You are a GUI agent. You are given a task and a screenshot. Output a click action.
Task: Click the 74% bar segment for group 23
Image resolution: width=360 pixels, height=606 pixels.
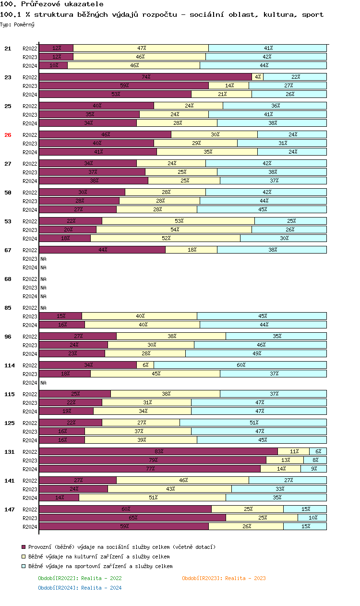click(145, 77)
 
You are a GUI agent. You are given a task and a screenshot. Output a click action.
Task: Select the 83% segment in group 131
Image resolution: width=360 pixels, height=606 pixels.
click(158, 451)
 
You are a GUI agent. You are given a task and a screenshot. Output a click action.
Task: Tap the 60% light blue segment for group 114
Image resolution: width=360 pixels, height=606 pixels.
click(240, 365)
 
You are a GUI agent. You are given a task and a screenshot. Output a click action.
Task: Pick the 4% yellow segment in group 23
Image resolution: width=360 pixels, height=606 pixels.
click(258, 77)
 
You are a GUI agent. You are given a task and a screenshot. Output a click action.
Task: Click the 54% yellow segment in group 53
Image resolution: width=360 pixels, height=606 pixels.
click(174, 230)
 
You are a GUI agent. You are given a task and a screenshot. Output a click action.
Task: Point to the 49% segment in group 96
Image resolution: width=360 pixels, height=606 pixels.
click(256, 353)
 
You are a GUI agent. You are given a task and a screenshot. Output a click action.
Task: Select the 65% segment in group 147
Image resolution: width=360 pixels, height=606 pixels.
click(132, 518)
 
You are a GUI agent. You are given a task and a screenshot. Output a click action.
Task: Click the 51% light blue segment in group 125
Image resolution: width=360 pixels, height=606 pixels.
click(253, 423)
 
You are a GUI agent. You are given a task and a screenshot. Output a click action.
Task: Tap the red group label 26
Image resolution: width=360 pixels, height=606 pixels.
click(8, 135)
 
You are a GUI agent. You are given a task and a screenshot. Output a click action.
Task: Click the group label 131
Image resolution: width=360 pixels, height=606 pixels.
click(10, 452)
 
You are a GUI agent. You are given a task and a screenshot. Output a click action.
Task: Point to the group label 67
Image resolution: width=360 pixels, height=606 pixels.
click(8, 250)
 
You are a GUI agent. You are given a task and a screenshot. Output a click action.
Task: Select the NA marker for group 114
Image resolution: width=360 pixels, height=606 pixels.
click(43, 383)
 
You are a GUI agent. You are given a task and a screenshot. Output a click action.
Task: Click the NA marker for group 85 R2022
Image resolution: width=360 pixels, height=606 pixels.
click(43, 308)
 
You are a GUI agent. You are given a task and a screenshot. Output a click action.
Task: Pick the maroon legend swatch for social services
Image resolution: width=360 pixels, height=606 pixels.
click(24, 547)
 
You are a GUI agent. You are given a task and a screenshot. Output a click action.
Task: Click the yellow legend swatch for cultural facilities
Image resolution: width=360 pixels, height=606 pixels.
click(24, 557)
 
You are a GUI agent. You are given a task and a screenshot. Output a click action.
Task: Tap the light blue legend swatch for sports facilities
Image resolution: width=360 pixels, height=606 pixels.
click(24, 566)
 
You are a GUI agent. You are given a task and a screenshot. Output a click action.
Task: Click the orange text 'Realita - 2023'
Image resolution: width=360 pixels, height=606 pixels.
click(245, 578)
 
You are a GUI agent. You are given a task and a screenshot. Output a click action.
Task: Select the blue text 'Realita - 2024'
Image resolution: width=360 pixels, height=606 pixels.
click(101, 588)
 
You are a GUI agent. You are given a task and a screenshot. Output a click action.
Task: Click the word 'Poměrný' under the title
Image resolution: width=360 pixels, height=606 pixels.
click(24, 24)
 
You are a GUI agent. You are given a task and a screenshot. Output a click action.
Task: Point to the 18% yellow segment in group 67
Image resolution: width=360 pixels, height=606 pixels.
click(191, 250)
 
